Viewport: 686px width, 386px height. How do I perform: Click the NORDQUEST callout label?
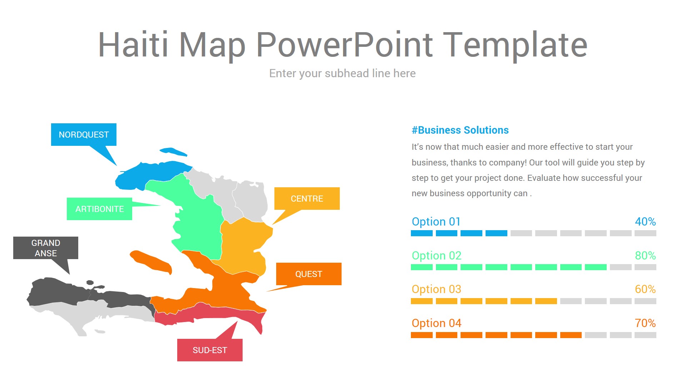click(84, 135)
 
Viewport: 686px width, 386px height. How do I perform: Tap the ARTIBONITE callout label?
click(99, 209)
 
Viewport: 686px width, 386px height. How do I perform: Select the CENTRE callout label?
click(307, 199)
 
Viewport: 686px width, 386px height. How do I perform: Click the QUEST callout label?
click(309, 274)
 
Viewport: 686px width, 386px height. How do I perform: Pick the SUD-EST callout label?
click(210, 350)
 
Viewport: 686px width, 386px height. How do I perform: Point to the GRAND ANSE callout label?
click(46, 248)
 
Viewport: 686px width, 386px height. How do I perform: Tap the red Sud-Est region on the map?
click(214, 315)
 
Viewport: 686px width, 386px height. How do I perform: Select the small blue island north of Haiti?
click(173, 152)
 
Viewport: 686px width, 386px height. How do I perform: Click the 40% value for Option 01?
click(645, 222)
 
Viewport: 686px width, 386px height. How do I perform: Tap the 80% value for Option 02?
click(645, 256)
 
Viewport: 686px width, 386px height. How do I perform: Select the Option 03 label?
click(436, 289)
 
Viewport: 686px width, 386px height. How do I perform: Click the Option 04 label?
click(436, 323)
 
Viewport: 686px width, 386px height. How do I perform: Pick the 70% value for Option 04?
click(645, 323)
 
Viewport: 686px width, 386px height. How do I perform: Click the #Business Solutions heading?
click(460, 130)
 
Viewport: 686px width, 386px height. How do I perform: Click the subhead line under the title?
click(342, 73)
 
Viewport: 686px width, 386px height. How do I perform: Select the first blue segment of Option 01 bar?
click(422, 233)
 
